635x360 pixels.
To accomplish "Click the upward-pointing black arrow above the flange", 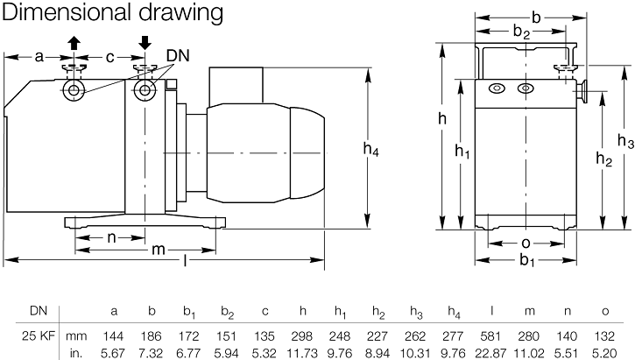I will (x=74, y=41).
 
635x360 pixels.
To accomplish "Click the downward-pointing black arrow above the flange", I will (x=145, y=41).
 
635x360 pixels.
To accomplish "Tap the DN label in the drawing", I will (x=179, y=56).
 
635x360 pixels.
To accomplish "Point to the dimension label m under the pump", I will (x=159, y=249).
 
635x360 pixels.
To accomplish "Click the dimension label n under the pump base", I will (x=111, y=236).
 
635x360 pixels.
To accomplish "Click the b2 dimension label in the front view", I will (x=522, y=33).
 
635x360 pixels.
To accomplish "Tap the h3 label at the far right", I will (x=625, y=141).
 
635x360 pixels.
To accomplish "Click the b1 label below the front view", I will (x=526, y=260).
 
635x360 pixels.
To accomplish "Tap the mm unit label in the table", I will (x=79, y=335).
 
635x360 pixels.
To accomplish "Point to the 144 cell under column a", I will (x=115, y=335).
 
